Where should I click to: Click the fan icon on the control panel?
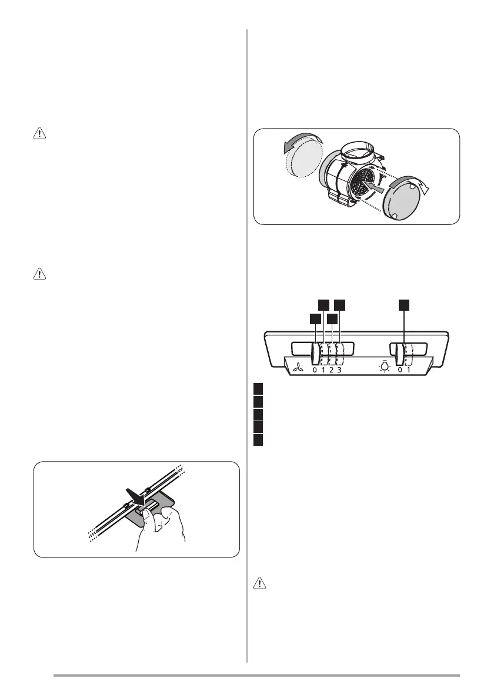pos(298,369)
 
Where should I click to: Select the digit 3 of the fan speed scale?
pos(339,370)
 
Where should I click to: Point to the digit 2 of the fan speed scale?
pos(331,370)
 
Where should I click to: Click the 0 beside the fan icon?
pos(315,370)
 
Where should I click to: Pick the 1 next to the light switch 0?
pos(408,370)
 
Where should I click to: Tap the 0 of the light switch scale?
pos(399,370)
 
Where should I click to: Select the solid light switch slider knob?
pos(399,355)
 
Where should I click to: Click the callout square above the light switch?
pos(403,304)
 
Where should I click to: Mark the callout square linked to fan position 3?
pos(340,304)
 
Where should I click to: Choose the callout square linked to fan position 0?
pos(315,318)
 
